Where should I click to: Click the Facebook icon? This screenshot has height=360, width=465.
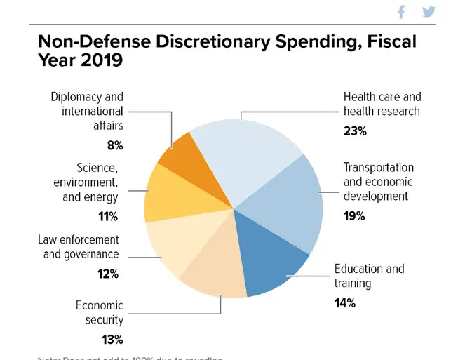[x=402, y=12]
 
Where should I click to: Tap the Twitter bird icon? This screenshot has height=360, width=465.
[x=429, y=12]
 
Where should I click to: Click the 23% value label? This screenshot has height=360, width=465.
[x=355, y=131]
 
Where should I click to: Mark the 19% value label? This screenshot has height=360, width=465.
[x=354, y=216]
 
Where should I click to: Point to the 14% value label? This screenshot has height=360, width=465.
[x=345, y=303]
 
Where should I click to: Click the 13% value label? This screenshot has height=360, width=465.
[x=112, y=340]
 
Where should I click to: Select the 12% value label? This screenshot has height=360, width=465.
[x=107, y=274]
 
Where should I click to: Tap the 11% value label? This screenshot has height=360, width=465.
[x=107, y=216]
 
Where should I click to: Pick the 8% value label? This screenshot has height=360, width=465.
[x=114, y=145]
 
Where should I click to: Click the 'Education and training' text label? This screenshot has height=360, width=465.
[x=369, y=276]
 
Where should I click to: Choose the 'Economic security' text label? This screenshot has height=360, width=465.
[x=100, y=312]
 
